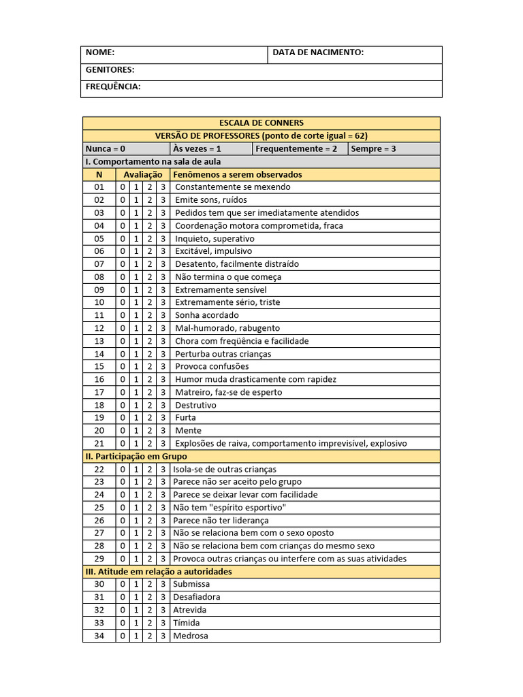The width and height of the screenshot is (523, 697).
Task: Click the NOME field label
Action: (x=100, y=52)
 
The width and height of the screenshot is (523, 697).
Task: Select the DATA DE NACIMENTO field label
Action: (x=318, y=52)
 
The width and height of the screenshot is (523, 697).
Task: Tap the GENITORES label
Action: (x=110, y=69)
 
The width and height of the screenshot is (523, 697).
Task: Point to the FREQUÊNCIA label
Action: (x=113, y=86)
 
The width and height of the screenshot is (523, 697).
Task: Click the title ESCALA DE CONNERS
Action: (x=261, y=123)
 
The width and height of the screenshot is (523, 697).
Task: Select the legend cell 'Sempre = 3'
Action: (x=373, y=148)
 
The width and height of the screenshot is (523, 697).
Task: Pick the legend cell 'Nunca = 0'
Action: (x=106, y=148)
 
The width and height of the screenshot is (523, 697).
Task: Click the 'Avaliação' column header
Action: (x=143, y=174)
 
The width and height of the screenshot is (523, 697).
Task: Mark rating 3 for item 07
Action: (x=163, y=264)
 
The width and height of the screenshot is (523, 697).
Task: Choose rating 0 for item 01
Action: (x=123, y=187)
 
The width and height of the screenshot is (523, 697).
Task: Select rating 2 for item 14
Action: (x=150, y=354)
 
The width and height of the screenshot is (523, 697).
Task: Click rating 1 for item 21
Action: (x=136, y=444)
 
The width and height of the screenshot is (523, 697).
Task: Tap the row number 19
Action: (x=99, y=418)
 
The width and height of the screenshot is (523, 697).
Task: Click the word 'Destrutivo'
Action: (x=195, y=405)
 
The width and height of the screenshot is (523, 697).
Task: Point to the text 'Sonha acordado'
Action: (x=207, y=315)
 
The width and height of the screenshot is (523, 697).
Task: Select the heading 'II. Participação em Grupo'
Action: (x=136, y=457)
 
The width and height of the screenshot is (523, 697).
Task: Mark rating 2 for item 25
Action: (x=150, y=508)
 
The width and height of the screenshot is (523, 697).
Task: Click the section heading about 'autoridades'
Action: (x=158, y=572)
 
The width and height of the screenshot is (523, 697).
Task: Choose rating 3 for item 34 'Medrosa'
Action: (x=163, y=636)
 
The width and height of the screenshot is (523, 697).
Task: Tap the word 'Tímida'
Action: (x=187, y=623)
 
